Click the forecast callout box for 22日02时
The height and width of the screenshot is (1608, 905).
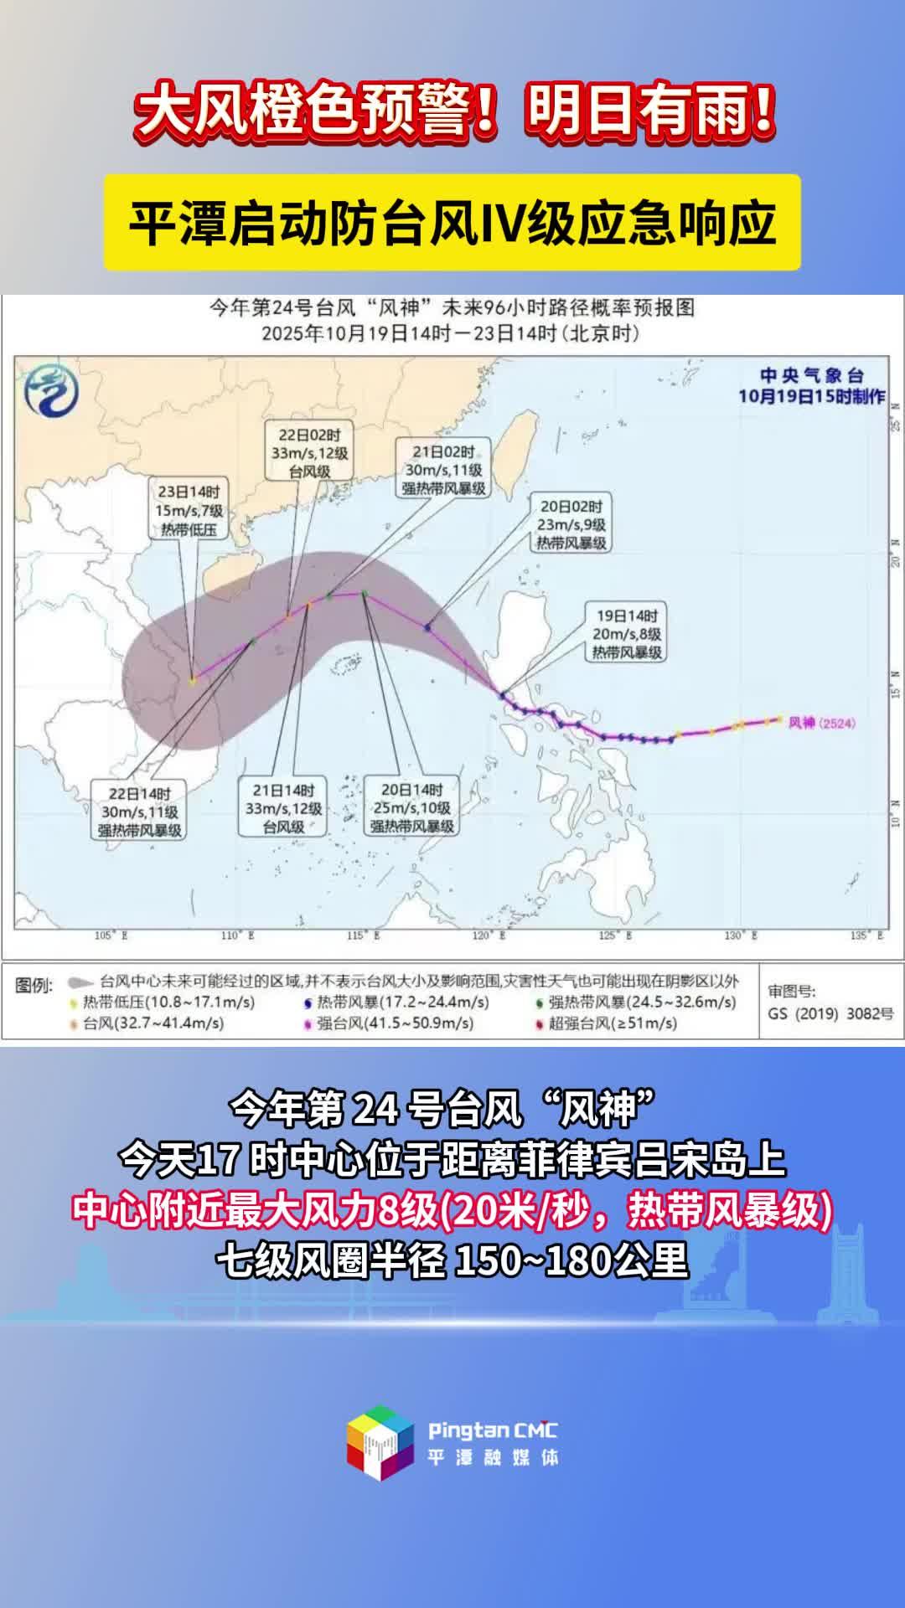click(x=310, y=452)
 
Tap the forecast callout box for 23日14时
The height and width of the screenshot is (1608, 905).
click(x=189, y=510)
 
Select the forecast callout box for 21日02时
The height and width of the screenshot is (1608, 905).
click(x=443, y=470)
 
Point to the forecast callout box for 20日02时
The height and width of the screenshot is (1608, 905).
click(x=571, y=524)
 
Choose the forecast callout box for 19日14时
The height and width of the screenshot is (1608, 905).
click(x=627, y=634)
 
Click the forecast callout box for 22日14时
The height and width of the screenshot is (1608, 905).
click(x=139, y=812)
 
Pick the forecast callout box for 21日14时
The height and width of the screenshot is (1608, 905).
click(x=283, y=808)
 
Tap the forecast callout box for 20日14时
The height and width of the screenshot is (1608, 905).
click(x=412, y=808)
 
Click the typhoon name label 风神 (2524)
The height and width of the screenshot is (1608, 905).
click(x=821, y=723)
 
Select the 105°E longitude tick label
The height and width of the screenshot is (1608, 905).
click(x=111, y=935)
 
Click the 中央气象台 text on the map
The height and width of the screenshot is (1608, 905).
click(x=811, y=375)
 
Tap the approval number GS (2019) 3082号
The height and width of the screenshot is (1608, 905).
click(x=830, y=1013)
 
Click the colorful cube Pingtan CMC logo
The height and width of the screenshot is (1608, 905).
click(x=381, y=1443)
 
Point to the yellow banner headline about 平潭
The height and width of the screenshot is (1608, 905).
click(x=452, y=223)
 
